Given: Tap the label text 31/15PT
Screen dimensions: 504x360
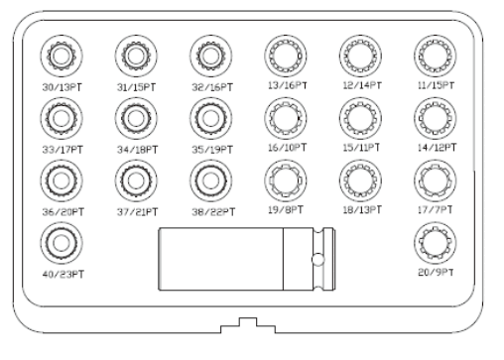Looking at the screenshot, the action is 136,87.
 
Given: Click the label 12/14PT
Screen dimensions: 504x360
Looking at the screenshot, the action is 362,85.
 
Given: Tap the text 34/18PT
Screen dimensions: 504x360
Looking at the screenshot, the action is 137,150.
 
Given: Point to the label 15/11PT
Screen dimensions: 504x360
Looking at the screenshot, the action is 361,148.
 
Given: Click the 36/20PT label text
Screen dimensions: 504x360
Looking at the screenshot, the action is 63,212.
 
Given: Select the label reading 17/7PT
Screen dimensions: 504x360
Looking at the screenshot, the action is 435,210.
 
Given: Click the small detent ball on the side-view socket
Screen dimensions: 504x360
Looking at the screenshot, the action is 317,260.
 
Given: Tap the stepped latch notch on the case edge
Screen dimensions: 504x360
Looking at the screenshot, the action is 248,325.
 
